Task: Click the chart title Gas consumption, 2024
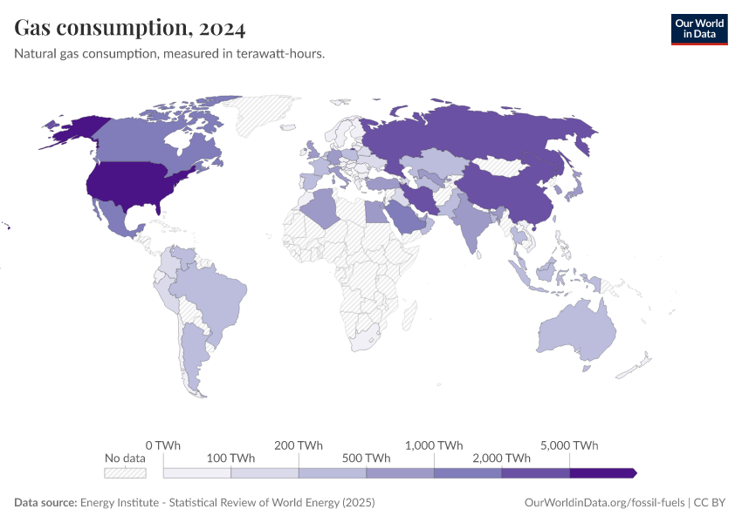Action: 130,28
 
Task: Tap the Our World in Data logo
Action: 698,29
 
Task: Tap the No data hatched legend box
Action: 125,472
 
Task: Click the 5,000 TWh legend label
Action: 570,445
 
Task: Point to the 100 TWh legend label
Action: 230,458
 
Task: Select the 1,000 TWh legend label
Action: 434,445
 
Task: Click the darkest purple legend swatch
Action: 602,472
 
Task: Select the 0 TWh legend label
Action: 163,445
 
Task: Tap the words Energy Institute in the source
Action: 117,503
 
